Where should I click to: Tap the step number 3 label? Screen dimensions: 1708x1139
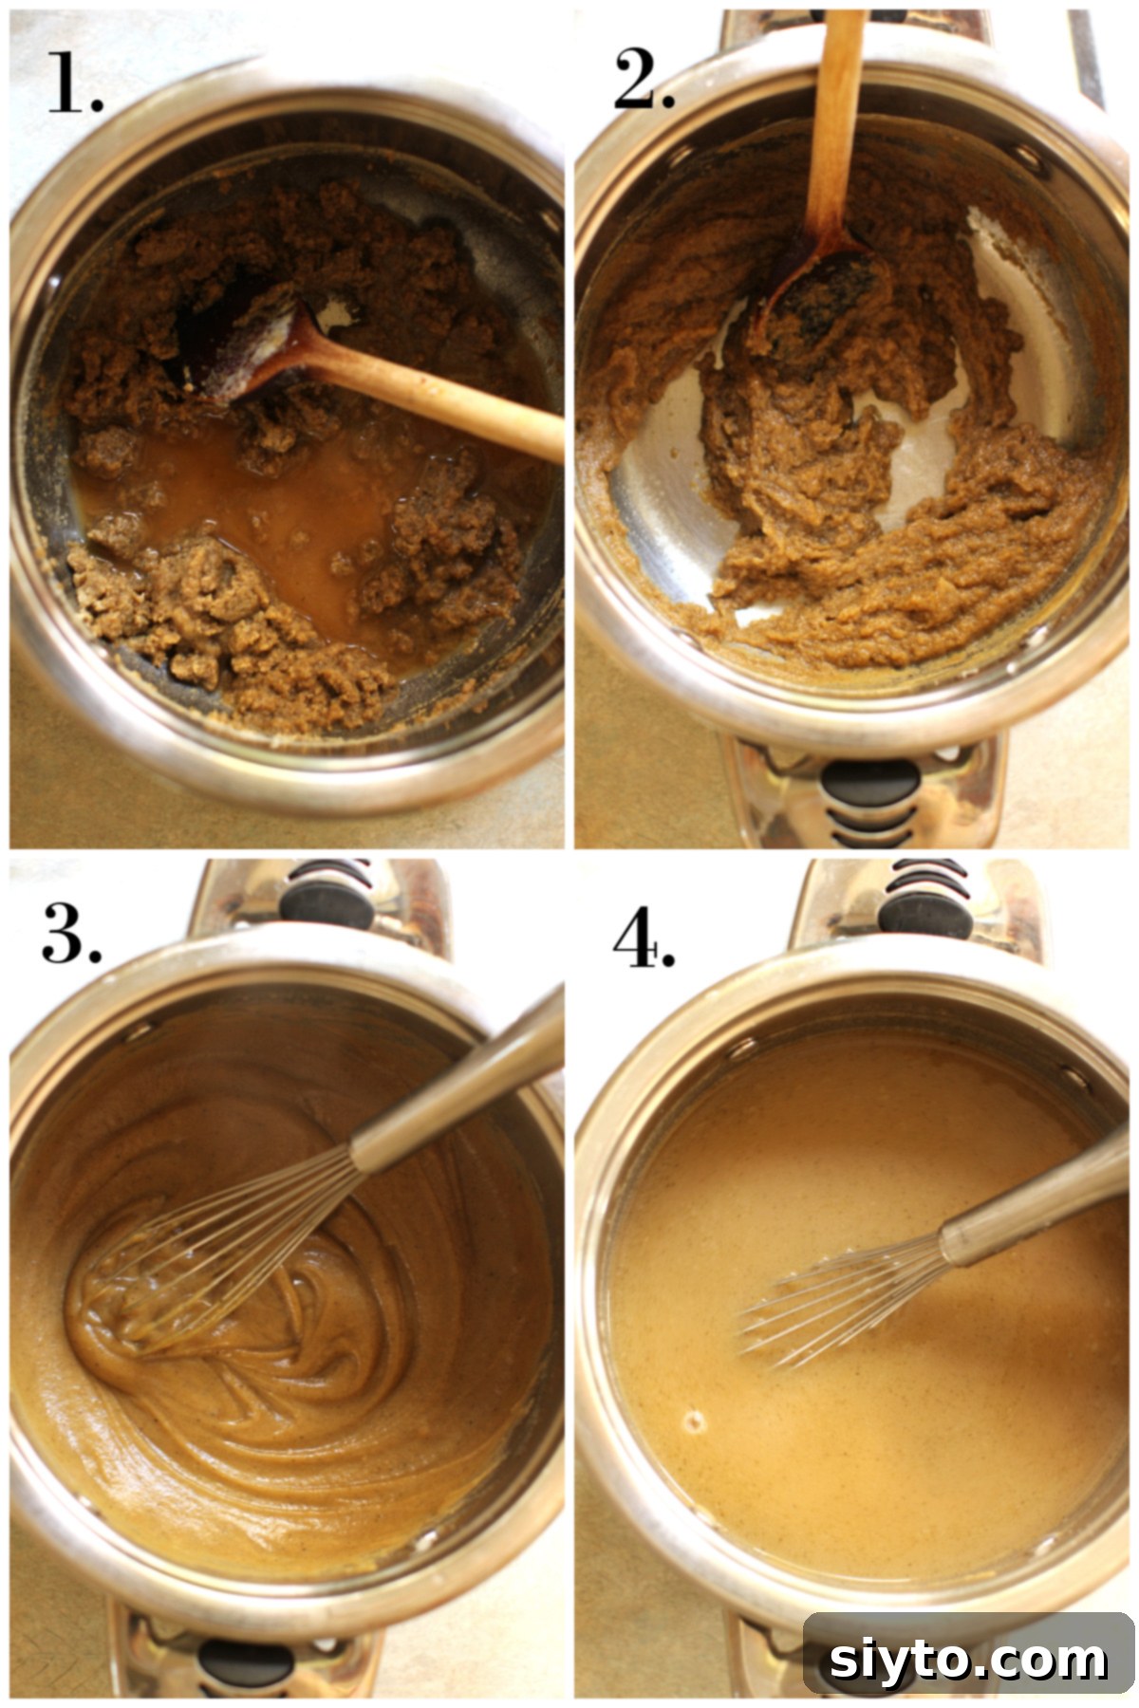click(71, 934)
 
